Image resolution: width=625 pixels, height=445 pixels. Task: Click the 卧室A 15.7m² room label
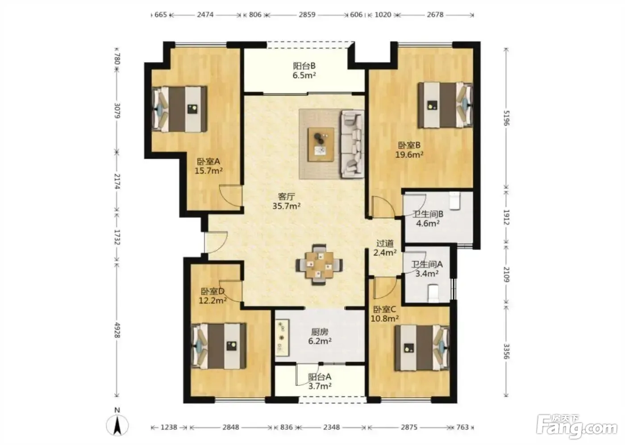coord(208,166)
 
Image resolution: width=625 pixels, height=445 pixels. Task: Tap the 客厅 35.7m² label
coord(286,202)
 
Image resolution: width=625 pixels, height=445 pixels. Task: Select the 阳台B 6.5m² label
coord(304,71)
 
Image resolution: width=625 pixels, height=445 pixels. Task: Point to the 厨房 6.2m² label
coord(320,336)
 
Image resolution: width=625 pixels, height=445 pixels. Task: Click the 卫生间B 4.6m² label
coord(428,218)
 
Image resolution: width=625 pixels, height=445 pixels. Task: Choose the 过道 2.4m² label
coord(385,248)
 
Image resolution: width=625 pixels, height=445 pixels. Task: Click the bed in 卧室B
coord(446,105)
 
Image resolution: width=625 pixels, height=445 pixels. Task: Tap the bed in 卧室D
coord(218,346)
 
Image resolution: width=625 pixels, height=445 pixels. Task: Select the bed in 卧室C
coord(422,348)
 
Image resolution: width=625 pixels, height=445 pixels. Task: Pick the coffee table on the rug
coord(321,144)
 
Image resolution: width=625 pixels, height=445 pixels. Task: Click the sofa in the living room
coord(352,144)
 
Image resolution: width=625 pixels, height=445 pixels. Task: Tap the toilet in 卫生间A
coord(433,293)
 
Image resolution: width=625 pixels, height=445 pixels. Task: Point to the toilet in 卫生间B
coord(454,201)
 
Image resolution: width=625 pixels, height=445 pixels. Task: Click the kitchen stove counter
coord(282,337)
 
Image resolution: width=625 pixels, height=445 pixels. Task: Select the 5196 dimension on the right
coord(506,118)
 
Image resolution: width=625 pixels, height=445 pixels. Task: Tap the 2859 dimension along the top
coord(307,14)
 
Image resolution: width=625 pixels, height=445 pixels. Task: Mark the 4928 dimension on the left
coord(117,330)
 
